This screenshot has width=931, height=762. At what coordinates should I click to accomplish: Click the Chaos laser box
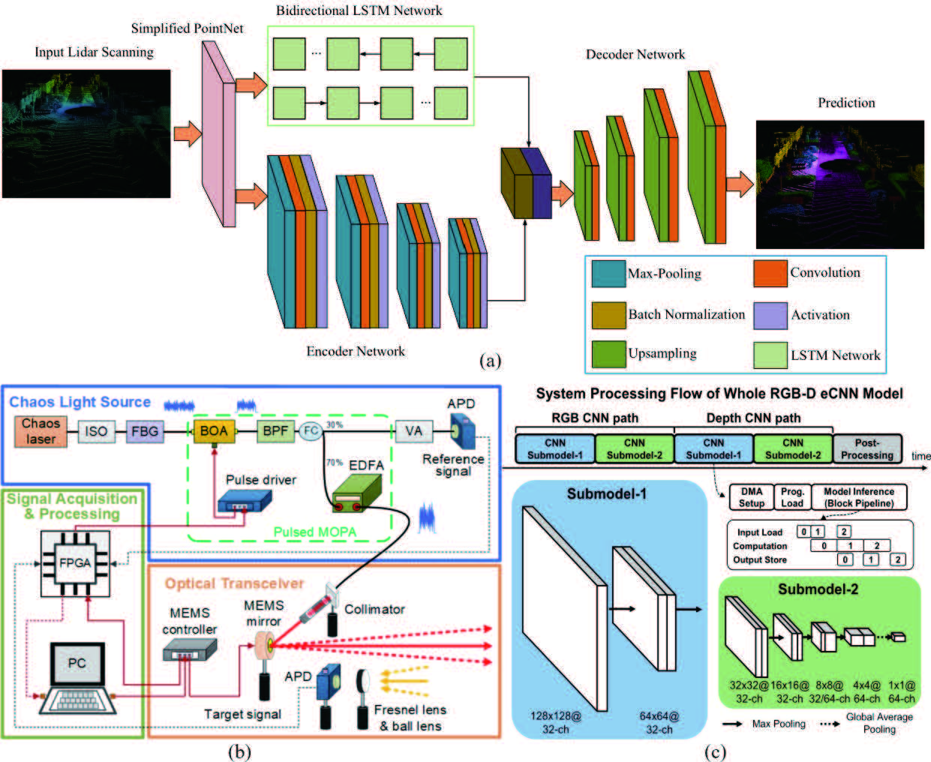[x=41, y=431]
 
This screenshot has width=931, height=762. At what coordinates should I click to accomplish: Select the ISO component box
[x=96, y=431]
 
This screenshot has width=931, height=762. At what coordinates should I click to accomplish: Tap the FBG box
[x=145, y=431]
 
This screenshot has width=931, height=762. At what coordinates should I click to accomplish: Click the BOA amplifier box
[x=214, y=431]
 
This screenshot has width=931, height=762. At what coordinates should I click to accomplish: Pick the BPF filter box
[x=275, y=431]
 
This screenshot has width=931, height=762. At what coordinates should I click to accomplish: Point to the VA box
[x=413, y=431]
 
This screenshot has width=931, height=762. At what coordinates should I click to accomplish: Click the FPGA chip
[x=75, y=563]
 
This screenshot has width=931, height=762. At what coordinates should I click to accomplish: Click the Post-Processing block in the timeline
[x=867, y=448]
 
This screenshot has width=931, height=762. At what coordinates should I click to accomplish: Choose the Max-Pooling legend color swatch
[x=608, y=274]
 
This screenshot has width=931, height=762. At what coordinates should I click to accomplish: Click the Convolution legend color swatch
[x=770, y=274]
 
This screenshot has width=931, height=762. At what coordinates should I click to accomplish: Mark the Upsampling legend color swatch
[x=608, y=354]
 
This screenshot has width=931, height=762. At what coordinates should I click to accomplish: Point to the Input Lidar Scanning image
[x=86, y=133]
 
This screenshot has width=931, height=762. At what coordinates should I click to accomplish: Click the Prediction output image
[x=839, y=184]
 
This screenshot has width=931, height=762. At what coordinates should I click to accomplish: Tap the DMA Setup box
[x=751, y=497]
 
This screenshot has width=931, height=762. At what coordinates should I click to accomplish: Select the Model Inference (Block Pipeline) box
[x=859, y=497]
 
